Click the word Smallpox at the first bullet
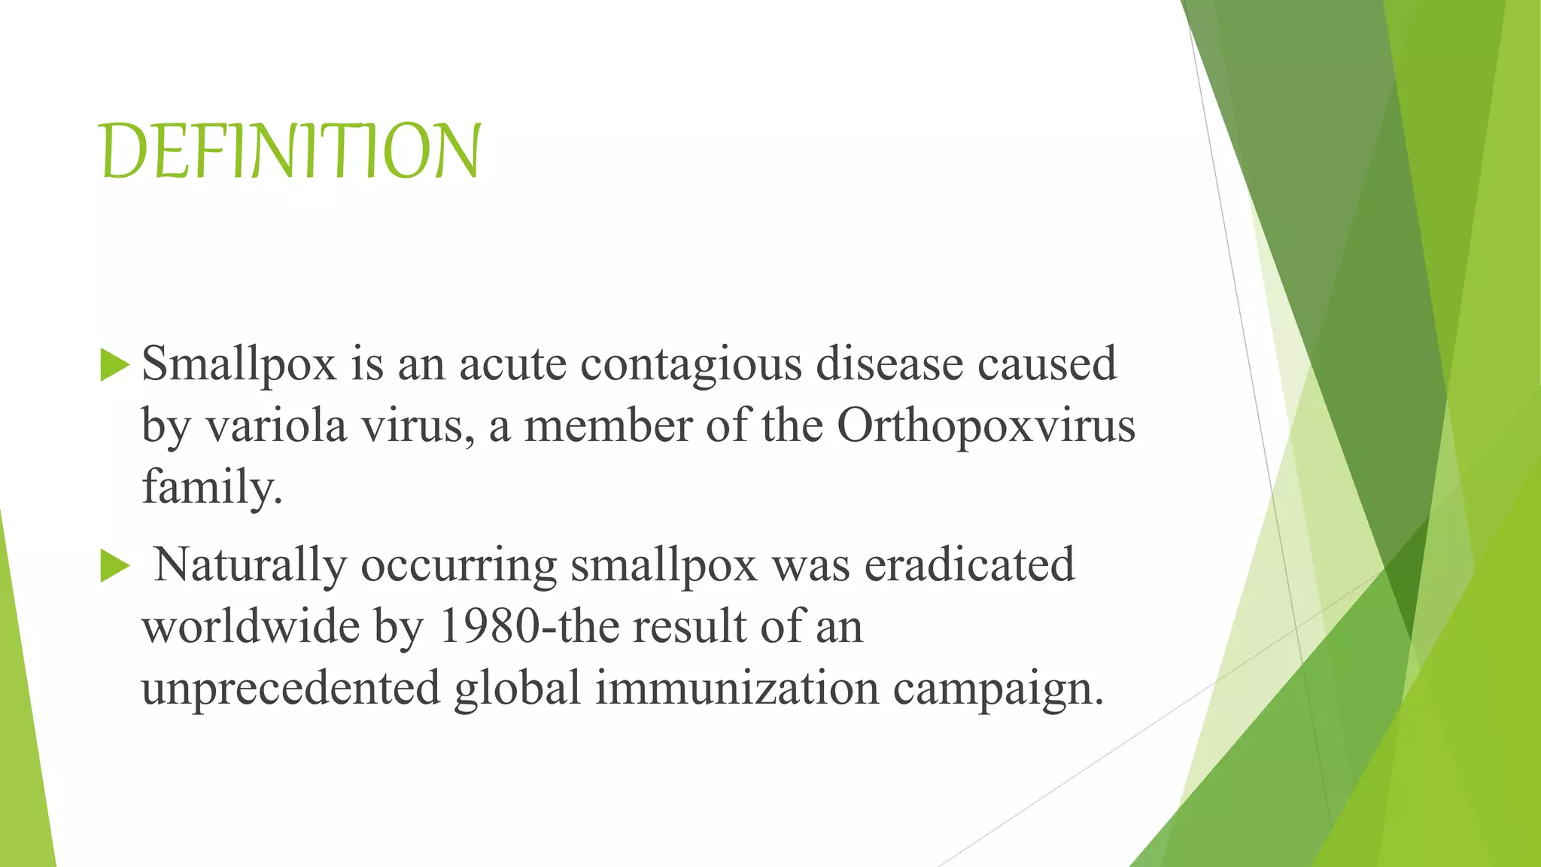click(239, 364)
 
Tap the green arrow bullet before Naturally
click(114, 566)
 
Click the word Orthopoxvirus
click(986, 426)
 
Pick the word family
click(211, 488)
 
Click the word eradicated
click(969, 564)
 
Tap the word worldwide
click(251, 626)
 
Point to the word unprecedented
click(290, 689)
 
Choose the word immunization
click(737, 688)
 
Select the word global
click(518, 688)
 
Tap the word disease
click(889, 364)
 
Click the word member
click(607, 426)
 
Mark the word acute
click(512, 364)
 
